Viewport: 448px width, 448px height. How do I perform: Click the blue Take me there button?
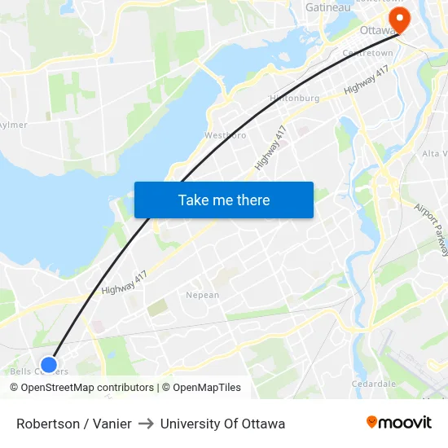coord(224,200)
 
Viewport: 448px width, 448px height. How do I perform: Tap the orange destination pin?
coord(400,18)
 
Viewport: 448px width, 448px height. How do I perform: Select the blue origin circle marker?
coord(49,364)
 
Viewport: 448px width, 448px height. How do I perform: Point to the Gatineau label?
coord(327,7)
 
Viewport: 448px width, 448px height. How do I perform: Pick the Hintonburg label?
coord(295,98)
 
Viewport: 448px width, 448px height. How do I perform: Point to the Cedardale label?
coord(373,384)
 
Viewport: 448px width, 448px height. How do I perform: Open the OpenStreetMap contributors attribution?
coord(81,388)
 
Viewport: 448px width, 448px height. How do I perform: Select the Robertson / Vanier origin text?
coord(74,424)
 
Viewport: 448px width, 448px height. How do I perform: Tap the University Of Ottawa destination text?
coord(222,424)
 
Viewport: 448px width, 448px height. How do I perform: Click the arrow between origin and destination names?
coord(146,424)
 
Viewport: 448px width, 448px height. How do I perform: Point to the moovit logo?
coord(398,422)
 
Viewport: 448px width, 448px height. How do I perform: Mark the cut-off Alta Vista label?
coord(435,153)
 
